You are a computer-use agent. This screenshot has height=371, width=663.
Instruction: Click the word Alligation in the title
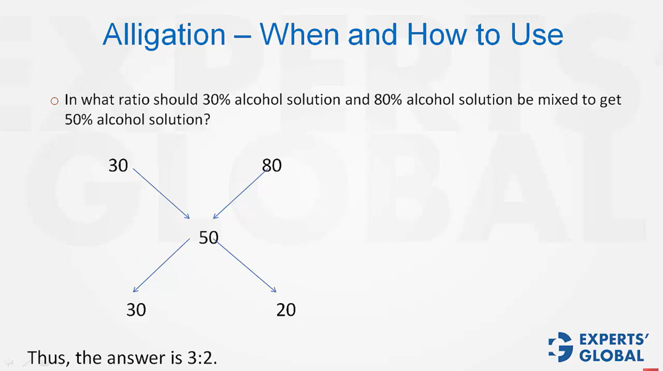tap(164, 35)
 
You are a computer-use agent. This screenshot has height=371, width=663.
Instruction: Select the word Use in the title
tap(536, 35)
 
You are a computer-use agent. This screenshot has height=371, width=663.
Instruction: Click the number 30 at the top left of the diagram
tap(118, 165)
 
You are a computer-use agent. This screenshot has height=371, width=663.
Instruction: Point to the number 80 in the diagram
tap(272, 165)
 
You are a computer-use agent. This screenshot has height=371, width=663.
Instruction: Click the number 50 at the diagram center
tap(209, 237)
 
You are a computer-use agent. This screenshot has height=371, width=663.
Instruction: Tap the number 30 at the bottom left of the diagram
tap(136, 310)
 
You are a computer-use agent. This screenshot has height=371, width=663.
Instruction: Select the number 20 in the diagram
tap(286, 310)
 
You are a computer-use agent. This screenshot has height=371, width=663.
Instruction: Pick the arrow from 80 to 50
tap(239, 194)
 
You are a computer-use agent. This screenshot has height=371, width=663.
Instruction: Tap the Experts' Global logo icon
tap(560, 348)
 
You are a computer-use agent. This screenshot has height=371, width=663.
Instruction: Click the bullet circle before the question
tap(54, 101)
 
